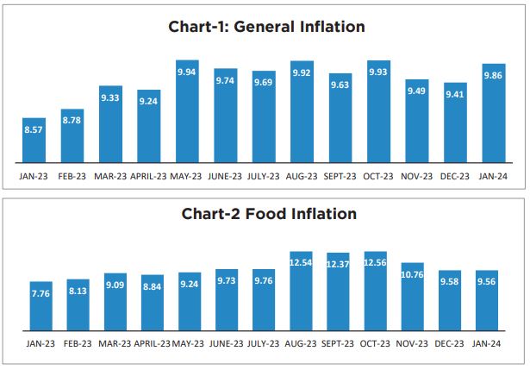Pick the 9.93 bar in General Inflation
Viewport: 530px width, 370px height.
(377, 111)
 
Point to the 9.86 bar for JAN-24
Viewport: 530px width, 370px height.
(492, 113)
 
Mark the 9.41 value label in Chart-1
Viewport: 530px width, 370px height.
(453, 96)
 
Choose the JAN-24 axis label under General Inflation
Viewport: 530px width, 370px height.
(492, 176)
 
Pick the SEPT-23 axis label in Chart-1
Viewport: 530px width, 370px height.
(340, 176)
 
